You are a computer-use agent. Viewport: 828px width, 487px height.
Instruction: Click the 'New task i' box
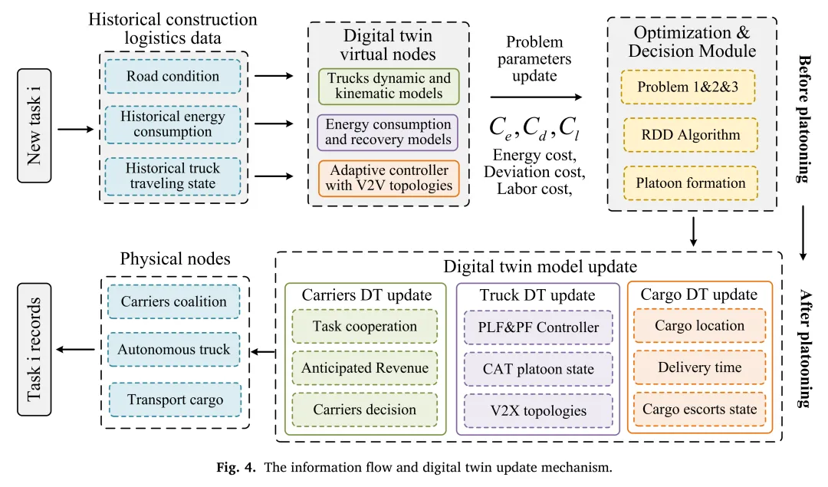[34, 129]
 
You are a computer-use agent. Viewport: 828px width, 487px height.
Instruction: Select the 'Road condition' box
[172, 77]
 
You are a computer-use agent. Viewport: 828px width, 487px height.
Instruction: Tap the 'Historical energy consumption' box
[172, 124]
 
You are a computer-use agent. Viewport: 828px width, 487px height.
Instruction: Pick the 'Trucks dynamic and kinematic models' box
[389, 86]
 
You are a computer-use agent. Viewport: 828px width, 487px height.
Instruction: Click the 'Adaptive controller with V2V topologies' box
[389, 178]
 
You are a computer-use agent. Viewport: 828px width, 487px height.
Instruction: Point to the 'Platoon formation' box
[690, 183]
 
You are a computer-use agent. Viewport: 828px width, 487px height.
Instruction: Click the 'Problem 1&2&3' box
[689, 87]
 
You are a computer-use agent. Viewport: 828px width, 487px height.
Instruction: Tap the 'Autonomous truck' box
[174, 350]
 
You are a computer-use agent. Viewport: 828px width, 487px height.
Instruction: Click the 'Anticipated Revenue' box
[365, 368]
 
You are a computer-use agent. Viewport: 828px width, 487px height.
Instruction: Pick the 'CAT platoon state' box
[538, 369]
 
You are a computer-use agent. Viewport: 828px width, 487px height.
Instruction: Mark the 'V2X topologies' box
[538, 410]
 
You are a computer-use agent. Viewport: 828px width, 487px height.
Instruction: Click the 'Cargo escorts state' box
[699, 409]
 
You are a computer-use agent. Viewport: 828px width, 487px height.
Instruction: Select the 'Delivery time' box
[699, 367]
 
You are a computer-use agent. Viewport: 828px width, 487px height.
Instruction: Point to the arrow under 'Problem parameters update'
[535, 97]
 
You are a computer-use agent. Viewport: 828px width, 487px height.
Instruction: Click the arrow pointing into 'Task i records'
[77, 350]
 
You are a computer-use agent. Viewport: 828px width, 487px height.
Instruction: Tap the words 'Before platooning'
[804, 118]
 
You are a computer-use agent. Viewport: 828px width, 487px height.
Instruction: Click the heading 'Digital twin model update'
[529, 268]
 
